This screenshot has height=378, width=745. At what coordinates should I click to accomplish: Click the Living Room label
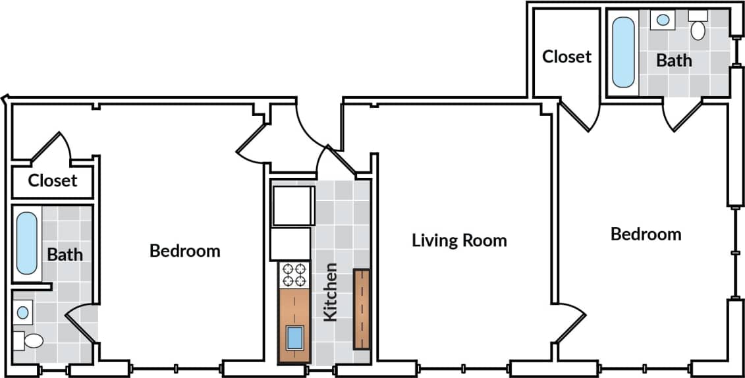coord(459,240)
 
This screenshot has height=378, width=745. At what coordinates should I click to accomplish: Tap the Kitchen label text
coord(330,292)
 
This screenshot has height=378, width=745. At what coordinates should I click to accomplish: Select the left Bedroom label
coord(184,251)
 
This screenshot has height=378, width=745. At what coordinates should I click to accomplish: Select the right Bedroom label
coord(646,234)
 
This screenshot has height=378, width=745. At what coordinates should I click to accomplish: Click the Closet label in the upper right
coord(566,57)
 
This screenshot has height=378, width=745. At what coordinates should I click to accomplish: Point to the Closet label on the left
coord(52,180)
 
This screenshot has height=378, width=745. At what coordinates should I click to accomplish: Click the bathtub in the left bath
coord(26,243)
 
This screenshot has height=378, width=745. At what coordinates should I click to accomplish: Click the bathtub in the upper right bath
coord(623,52)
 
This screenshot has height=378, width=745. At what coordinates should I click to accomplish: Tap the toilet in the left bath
coord(30,340)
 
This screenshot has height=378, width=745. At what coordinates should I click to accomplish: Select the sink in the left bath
coord(23,312)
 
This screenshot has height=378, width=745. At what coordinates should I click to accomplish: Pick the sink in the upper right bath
coord(663,20)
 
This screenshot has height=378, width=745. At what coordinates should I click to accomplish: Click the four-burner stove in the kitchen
coord(294,275)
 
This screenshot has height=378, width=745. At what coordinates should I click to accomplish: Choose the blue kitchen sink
coord(294,339)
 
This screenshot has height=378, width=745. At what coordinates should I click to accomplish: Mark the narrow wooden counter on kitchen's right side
coord(362,308)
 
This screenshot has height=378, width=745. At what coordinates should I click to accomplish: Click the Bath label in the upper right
coord(674,61)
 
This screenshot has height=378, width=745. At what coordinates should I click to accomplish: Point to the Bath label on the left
coord(65,254)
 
